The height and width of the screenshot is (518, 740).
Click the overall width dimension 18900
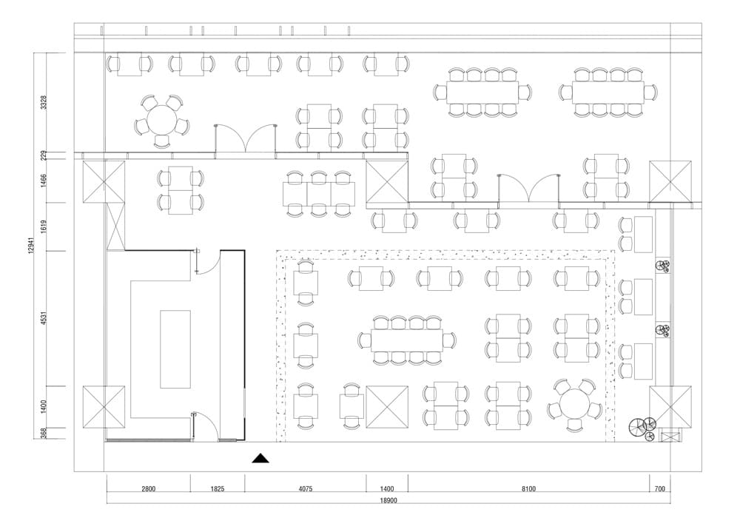388,501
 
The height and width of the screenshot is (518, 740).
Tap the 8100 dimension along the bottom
528,489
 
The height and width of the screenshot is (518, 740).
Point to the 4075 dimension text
305,489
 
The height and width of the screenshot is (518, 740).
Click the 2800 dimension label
148,489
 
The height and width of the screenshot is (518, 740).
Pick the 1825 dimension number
217,489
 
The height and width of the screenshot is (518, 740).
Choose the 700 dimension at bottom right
659,489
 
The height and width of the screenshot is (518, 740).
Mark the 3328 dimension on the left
44,103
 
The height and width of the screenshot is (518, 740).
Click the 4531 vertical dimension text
44,318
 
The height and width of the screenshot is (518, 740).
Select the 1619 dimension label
44,227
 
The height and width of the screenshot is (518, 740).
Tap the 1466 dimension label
44,181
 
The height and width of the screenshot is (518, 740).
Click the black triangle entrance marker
260,458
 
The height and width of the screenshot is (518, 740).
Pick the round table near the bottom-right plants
574,406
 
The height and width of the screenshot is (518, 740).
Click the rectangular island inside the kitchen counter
175,349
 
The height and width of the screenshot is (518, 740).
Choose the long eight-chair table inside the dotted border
406,340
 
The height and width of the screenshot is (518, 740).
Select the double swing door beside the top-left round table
246,138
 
